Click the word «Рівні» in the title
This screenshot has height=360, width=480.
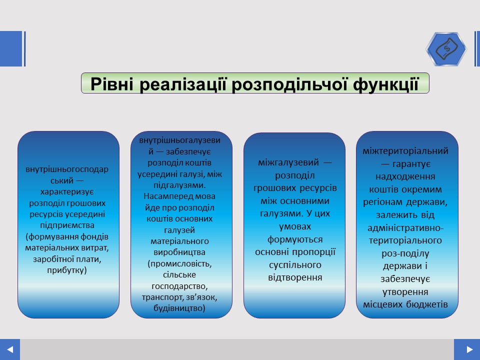click(112, 83)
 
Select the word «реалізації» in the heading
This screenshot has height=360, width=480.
click(183, 84)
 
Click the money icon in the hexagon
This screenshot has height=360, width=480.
click(446, 49)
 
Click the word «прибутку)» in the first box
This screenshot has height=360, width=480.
click(67, 270)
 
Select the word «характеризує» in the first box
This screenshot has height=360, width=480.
click(67, 192)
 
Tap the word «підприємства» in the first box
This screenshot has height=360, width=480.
click(67, 225)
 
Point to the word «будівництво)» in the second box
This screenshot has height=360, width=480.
click(179, 308)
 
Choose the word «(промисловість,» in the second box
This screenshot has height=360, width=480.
click(179, 263)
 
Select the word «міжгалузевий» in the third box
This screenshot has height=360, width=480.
click(288, 162)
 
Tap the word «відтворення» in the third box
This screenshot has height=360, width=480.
click(295, 277)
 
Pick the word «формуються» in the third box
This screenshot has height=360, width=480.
click(295, 239)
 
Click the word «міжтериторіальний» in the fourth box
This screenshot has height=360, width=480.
click(405, 151)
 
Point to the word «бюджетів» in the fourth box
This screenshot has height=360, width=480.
click(427, 304)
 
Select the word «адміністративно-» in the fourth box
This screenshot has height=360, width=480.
click(405, 228)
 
